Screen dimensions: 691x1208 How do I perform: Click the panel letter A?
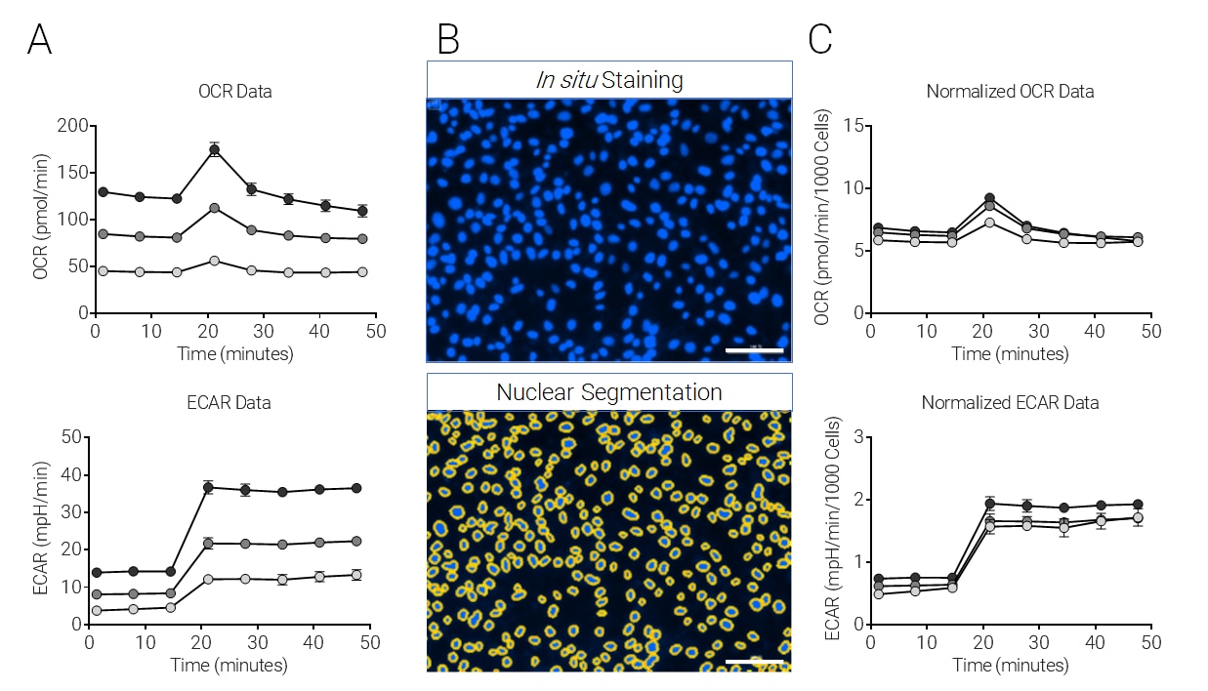tap(39, 38)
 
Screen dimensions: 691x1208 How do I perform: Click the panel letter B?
tap(448, 38)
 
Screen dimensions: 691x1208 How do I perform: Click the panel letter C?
tap(820, 38)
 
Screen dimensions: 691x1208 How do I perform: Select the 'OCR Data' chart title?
tap(234, 92)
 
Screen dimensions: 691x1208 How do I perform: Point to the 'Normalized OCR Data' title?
tap(1010, 92)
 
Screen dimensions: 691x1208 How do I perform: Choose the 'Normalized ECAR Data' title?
tap(1010, 402)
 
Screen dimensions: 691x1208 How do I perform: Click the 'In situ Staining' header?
tap(609, 79)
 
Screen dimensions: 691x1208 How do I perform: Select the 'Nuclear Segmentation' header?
tap(609, 392)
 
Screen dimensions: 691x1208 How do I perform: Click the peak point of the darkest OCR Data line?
tap(214, 149)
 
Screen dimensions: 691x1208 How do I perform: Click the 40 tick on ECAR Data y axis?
tap(71, 475)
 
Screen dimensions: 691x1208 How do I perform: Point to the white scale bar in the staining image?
tap(754, 348)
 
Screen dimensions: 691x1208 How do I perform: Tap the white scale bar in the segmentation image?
tap(754, 661)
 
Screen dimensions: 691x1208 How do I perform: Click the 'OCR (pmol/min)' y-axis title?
tap(41, 220)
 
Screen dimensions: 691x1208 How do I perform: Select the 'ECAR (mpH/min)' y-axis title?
tap(41, 530)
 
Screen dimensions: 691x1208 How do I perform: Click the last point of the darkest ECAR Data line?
tap(356, 488)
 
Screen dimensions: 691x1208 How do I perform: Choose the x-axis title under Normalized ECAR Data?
tap(1010, 666)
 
